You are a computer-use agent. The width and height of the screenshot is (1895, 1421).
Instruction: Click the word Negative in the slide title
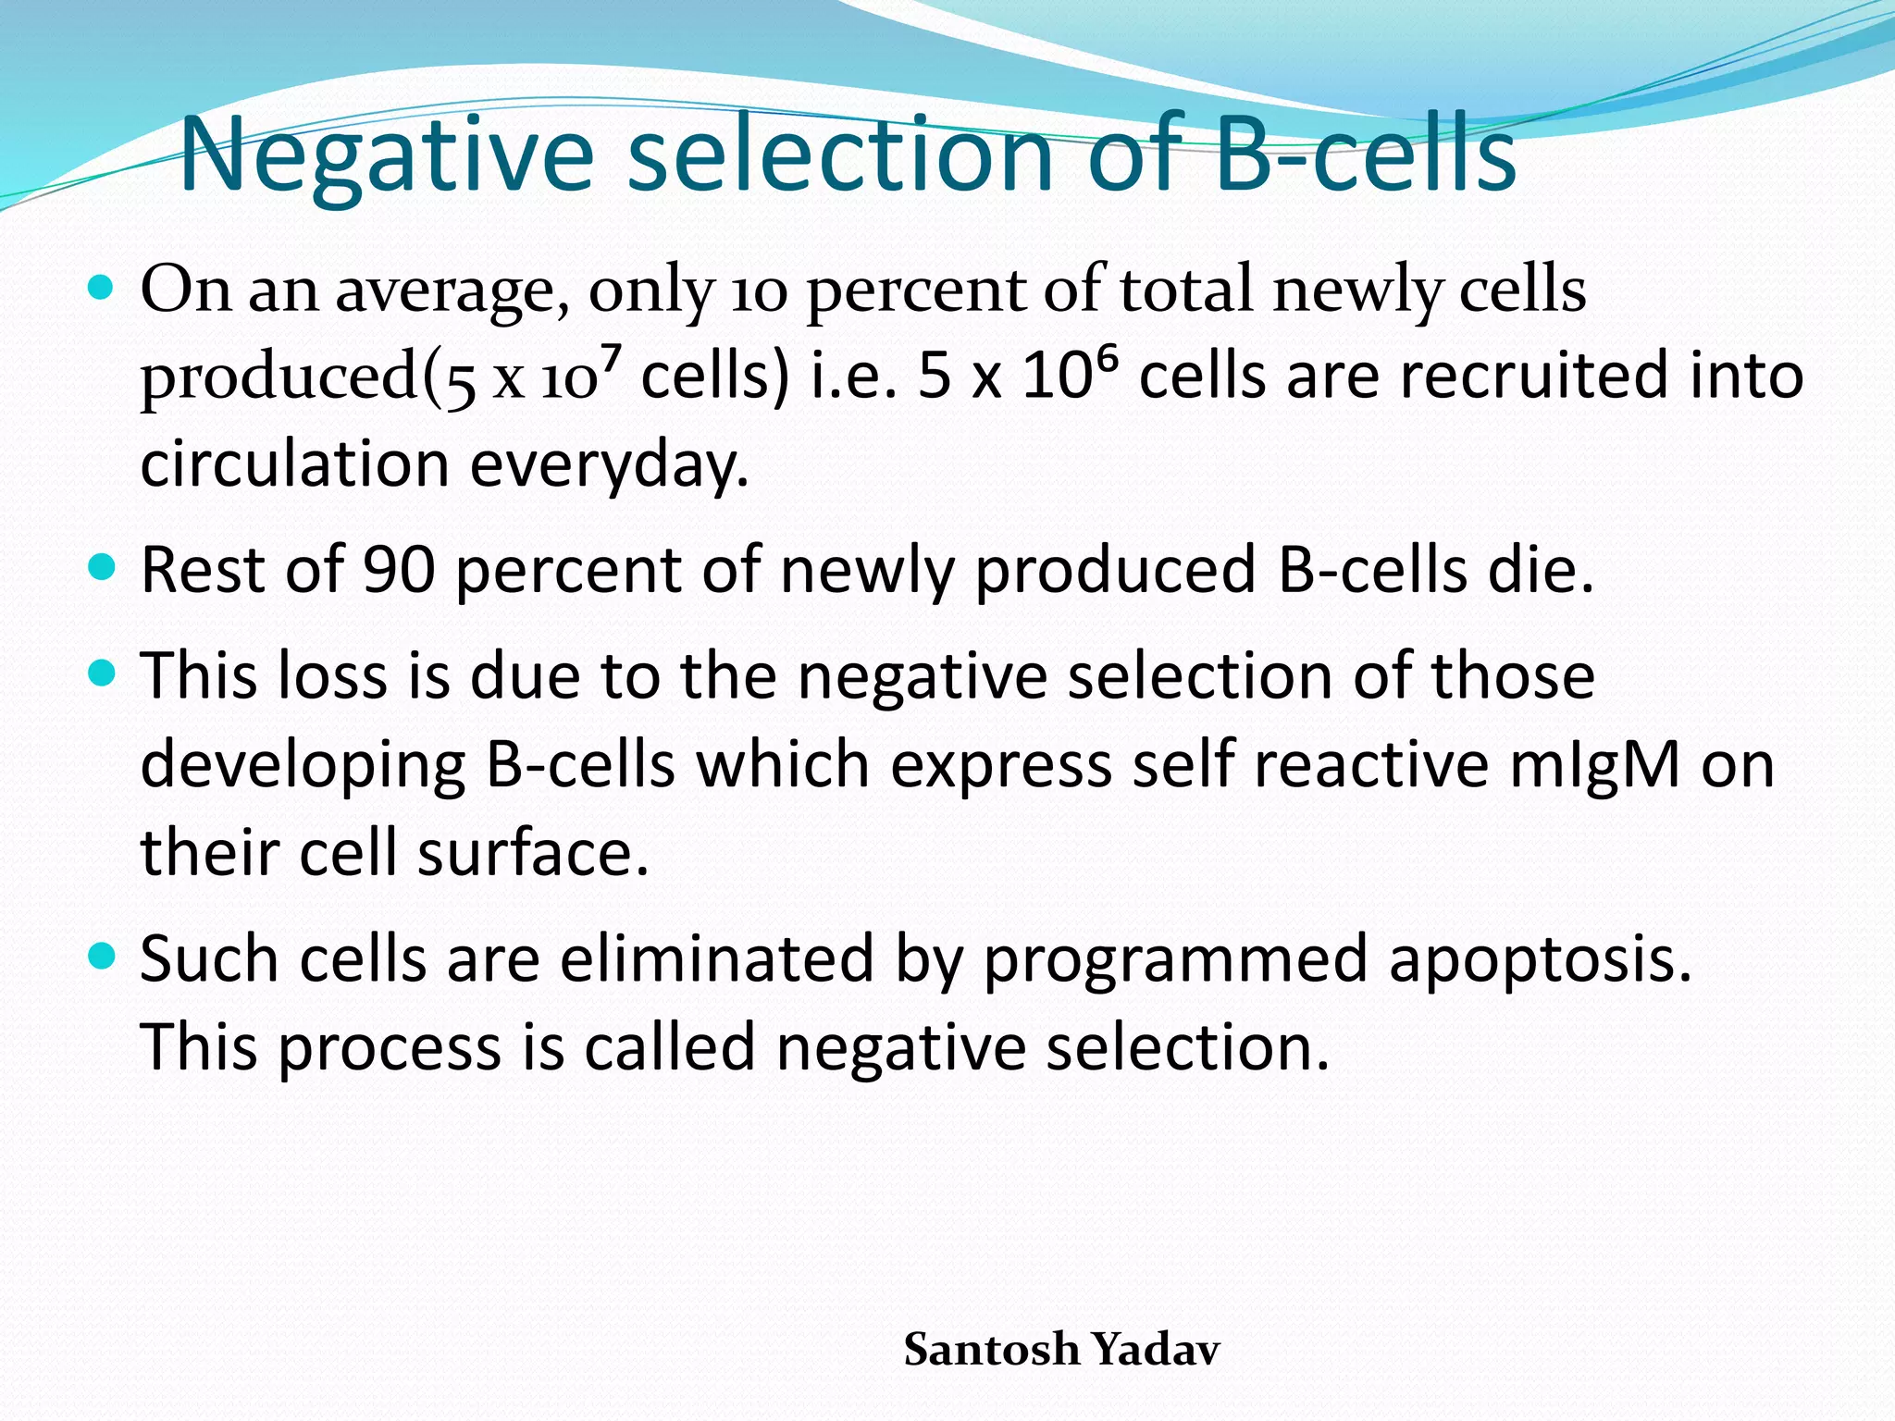386,154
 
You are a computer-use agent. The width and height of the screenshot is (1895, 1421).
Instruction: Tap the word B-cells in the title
1365,154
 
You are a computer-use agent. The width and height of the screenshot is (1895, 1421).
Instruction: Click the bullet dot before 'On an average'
102,288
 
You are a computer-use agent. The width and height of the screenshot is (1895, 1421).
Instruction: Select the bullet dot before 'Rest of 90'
102,566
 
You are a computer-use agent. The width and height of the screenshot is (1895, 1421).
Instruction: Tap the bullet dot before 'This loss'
102,673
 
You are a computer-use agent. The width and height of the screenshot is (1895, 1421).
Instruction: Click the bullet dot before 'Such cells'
102,956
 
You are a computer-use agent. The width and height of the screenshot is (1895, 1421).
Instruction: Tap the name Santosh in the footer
991,1349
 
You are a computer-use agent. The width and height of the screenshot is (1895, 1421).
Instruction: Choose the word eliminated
716,958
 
